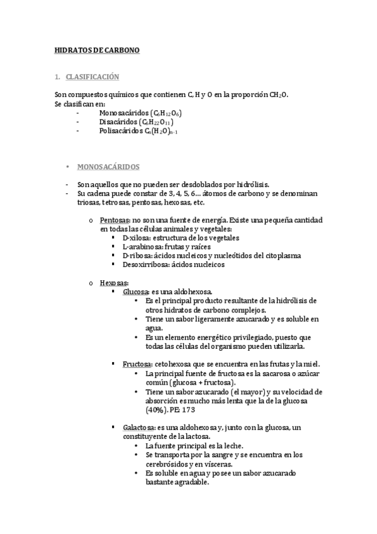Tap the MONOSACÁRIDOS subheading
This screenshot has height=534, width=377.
108,167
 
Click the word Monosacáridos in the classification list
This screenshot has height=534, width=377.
120,113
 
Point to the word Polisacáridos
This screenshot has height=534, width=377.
121,131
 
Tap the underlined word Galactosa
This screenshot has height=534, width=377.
139,427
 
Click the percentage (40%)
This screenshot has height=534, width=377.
157,409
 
